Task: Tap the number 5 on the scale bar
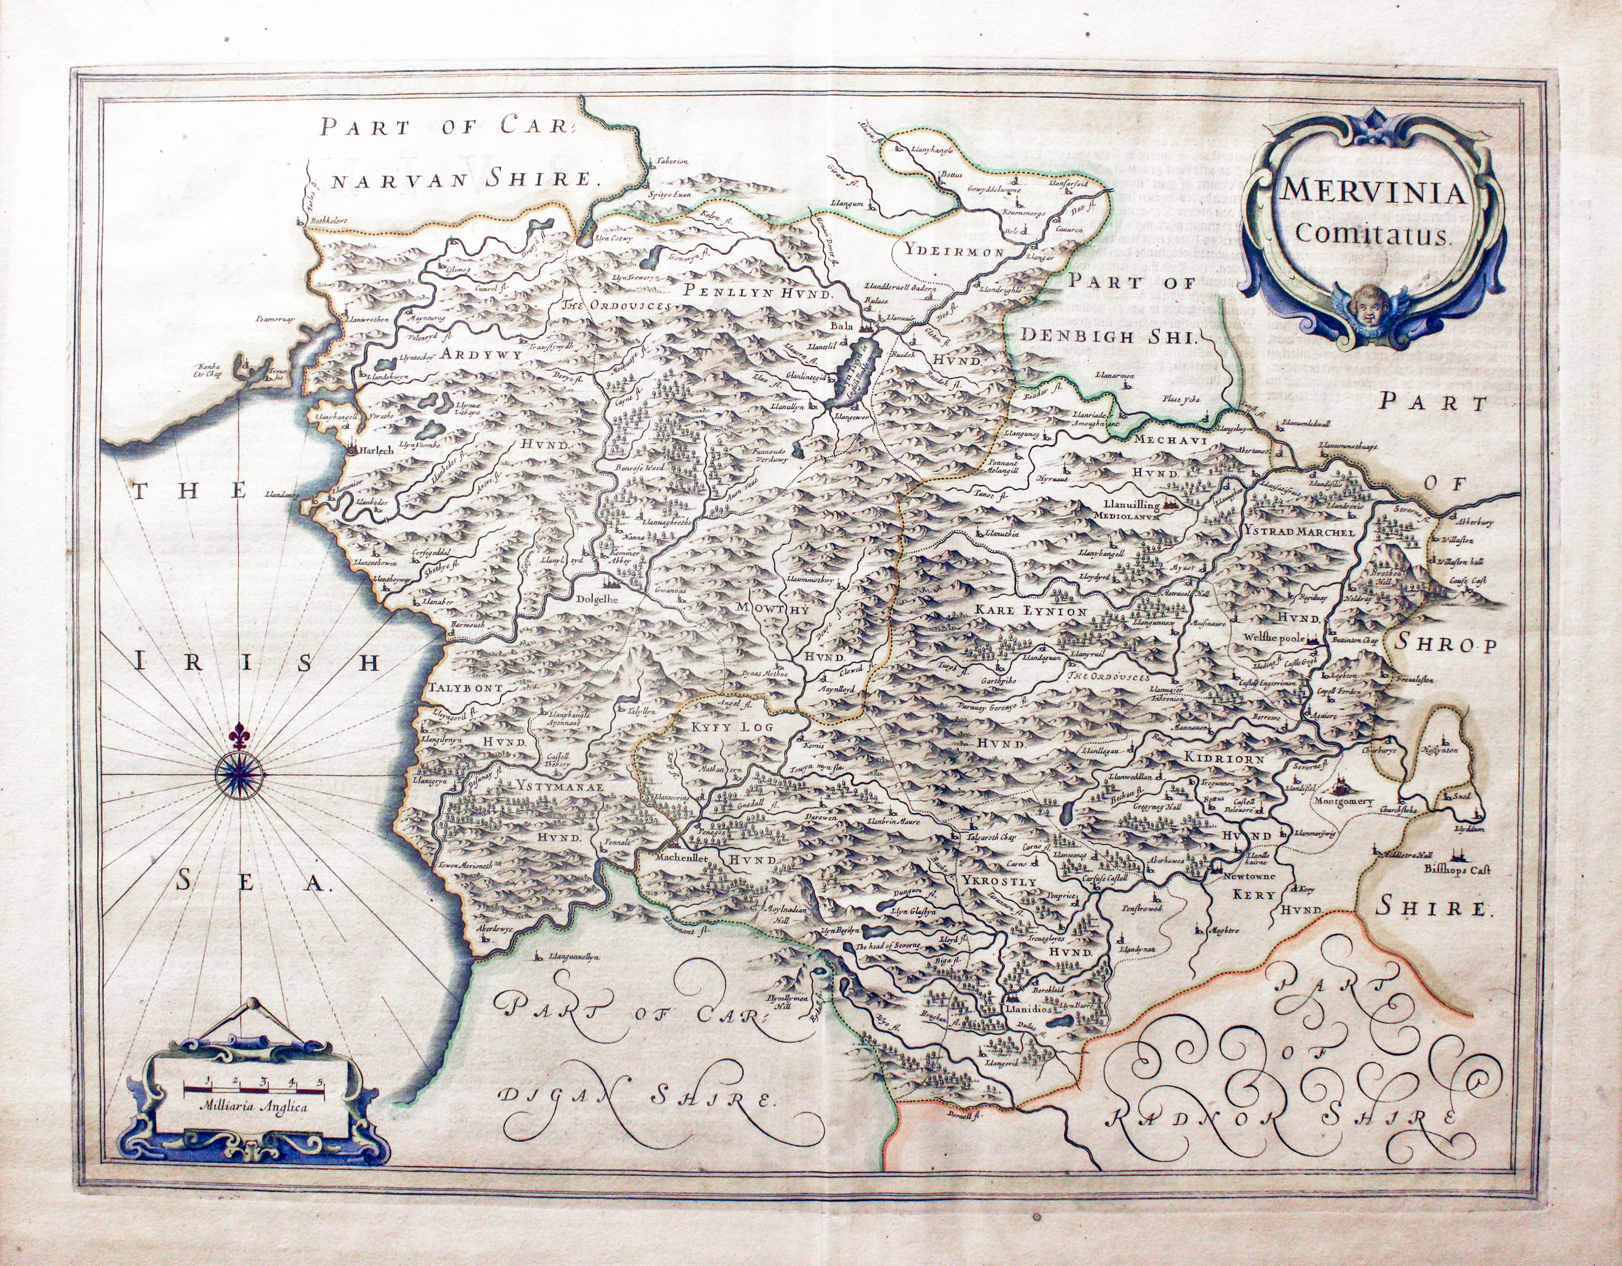click(320, 1081)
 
